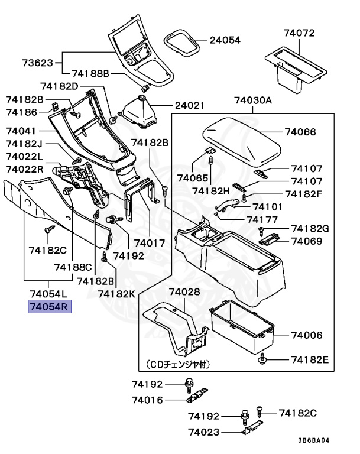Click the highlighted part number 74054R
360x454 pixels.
click(x=50, y=307)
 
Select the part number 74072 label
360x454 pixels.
click(x=299, y=33)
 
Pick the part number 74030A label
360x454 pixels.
click(x=252, y=100)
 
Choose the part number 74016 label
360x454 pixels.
click(x=147, y=400)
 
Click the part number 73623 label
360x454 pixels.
click(x=38, y=62)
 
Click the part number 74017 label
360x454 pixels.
click(x=149, y=242)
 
